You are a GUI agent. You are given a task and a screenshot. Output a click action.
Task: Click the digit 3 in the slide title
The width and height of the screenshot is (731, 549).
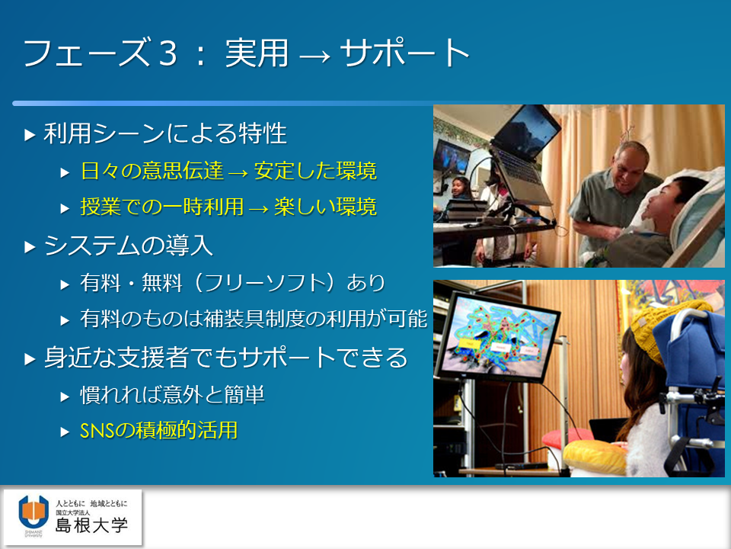click(x=168, y=53)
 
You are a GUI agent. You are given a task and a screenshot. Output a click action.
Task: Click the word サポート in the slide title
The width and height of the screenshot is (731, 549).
click(x=404, y=53)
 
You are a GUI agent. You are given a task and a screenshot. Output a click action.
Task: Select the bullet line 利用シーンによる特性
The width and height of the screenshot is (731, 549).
click(x=165, y=133)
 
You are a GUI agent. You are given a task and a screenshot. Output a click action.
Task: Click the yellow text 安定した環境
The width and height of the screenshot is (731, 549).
click(x=315, y=171)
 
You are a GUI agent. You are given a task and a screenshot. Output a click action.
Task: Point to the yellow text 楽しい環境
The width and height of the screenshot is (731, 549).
click(x=325, y=207)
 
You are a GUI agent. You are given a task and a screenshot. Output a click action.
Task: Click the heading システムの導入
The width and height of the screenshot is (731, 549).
click(x=129, y=245)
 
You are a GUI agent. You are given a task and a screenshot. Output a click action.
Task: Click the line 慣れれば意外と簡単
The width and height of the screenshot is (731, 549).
click(x=173, y=395)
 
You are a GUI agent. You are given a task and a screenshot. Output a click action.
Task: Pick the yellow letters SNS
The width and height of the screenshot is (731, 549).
click(x=97, y=431)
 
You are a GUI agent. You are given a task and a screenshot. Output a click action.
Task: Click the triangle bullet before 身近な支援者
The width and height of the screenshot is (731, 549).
click(x=30, y=359)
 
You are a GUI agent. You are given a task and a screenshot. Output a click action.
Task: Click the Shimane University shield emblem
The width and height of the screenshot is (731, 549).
click(x=34, y=512)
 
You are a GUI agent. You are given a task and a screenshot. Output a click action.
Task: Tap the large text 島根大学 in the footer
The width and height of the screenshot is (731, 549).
click(x=92, y=525)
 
